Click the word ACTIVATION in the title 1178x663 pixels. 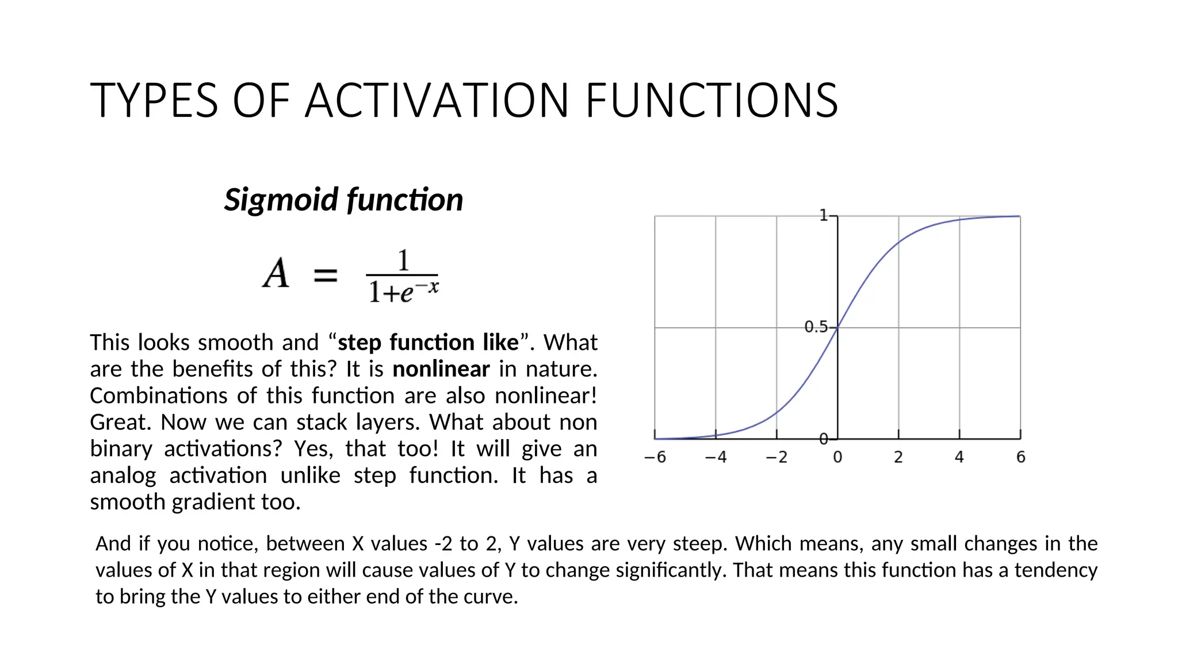[x=437, y=101]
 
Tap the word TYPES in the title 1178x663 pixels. [x=154, y=101]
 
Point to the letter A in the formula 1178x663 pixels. [x=276, y=273]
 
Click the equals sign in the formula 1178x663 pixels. [x=326, y=275]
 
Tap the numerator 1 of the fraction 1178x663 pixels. [x=403, y=261]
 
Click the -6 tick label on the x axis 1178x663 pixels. [x=655, y=458]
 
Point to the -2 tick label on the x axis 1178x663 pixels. [x=776, y=458]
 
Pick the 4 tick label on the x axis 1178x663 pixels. [x=959, y=458]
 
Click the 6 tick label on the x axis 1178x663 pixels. [x=1021, y=458]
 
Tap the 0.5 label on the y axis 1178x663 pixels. [x=816, y=327]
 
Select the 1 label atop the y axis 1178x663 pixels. [x=823, y=215]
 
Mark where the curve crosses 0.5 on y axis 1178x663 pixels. [x=837, y=327]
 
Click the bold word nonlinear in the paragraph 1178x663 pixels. [x=441, y=369]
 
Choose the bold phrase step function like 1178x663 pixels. [x=428, y=342]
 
